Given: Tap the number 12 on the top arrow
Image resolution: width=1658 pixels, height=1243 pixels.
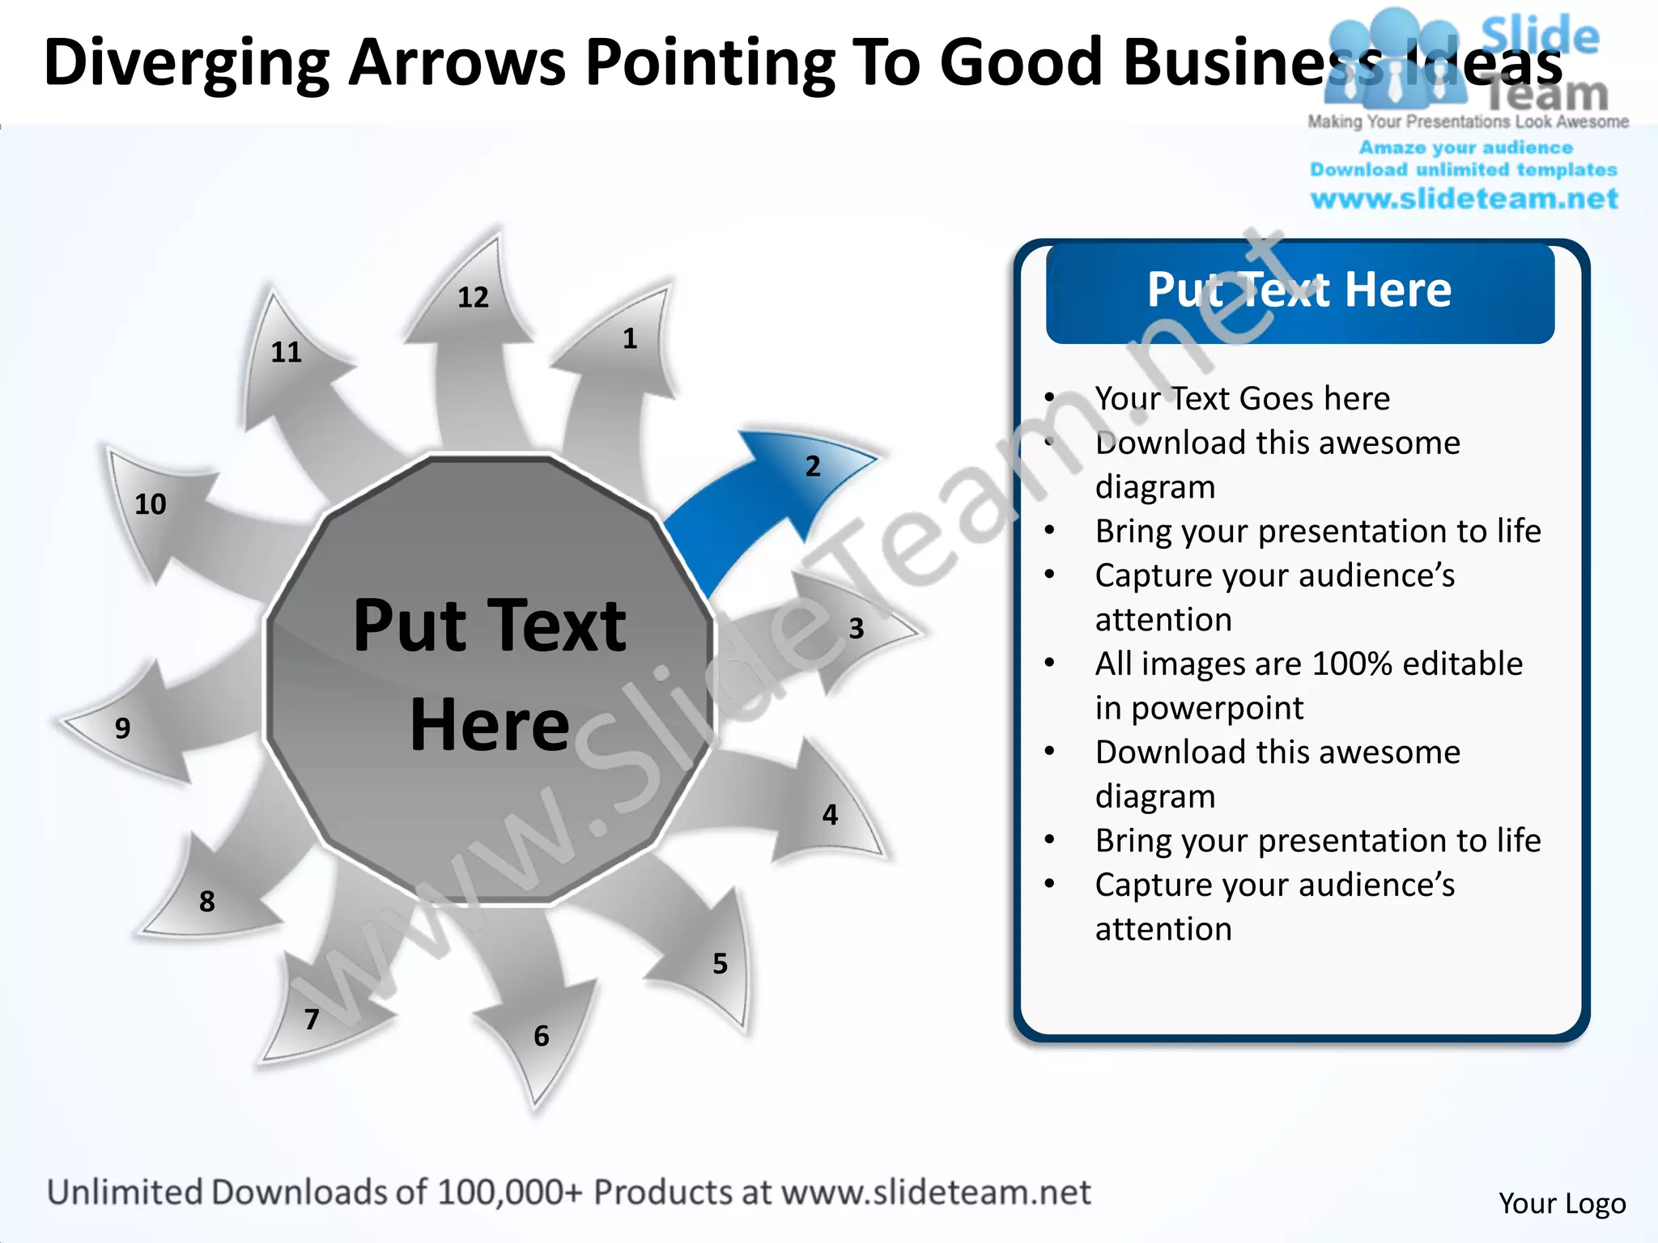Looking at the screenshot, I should tap(473, 298).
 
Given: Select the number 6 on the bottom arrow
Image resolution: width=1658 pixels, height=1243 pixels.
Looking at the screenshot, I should tap(542, 1037).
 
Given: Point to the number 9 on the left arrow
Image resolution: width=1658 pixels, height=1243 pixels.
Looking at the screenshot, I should tap(122, 728).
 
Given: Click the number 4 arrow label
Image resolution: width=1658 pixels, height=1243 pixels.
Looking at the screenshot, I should tap(830, 815).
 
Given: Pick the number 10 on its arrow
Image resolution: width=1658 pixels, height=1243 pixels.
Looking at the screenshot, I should tap(150, 505).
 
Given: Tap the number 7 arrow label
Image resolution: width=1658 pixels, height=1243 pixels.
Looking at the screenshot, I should tap(312, 1020).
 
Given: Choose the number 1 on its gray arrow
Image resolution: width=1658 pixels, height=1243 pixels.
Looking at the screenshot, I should tap(630, 339).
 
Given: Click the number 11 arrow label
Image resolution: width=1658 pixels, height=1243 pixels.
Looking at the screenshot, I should tap(286, 353).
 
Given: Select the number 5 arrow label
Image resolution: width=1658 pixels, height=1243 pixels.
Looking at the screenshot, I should tap(720, 964).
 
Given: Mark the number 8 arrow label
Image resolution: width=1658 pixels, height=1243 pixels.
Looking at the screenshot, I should tap(207, 901).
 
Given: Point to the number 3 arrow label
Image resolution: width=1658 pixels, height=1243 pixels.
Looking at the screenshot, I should tap(857, 629).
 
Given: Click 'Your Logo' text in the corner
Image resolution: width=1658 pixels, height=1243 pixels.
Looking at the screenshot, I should tap(1562, 1203).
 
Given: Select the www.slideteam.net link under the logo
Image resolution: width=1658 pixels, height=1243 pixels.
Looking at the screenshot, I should tap(1464, 199).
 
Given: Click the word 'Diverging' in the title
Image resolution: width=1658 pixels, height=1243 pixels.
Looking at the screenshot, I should tap(186, 63).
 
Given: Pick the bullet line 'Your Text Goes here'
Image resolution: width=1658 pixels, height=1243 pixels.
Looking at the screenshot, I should tap(1242, 399).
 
